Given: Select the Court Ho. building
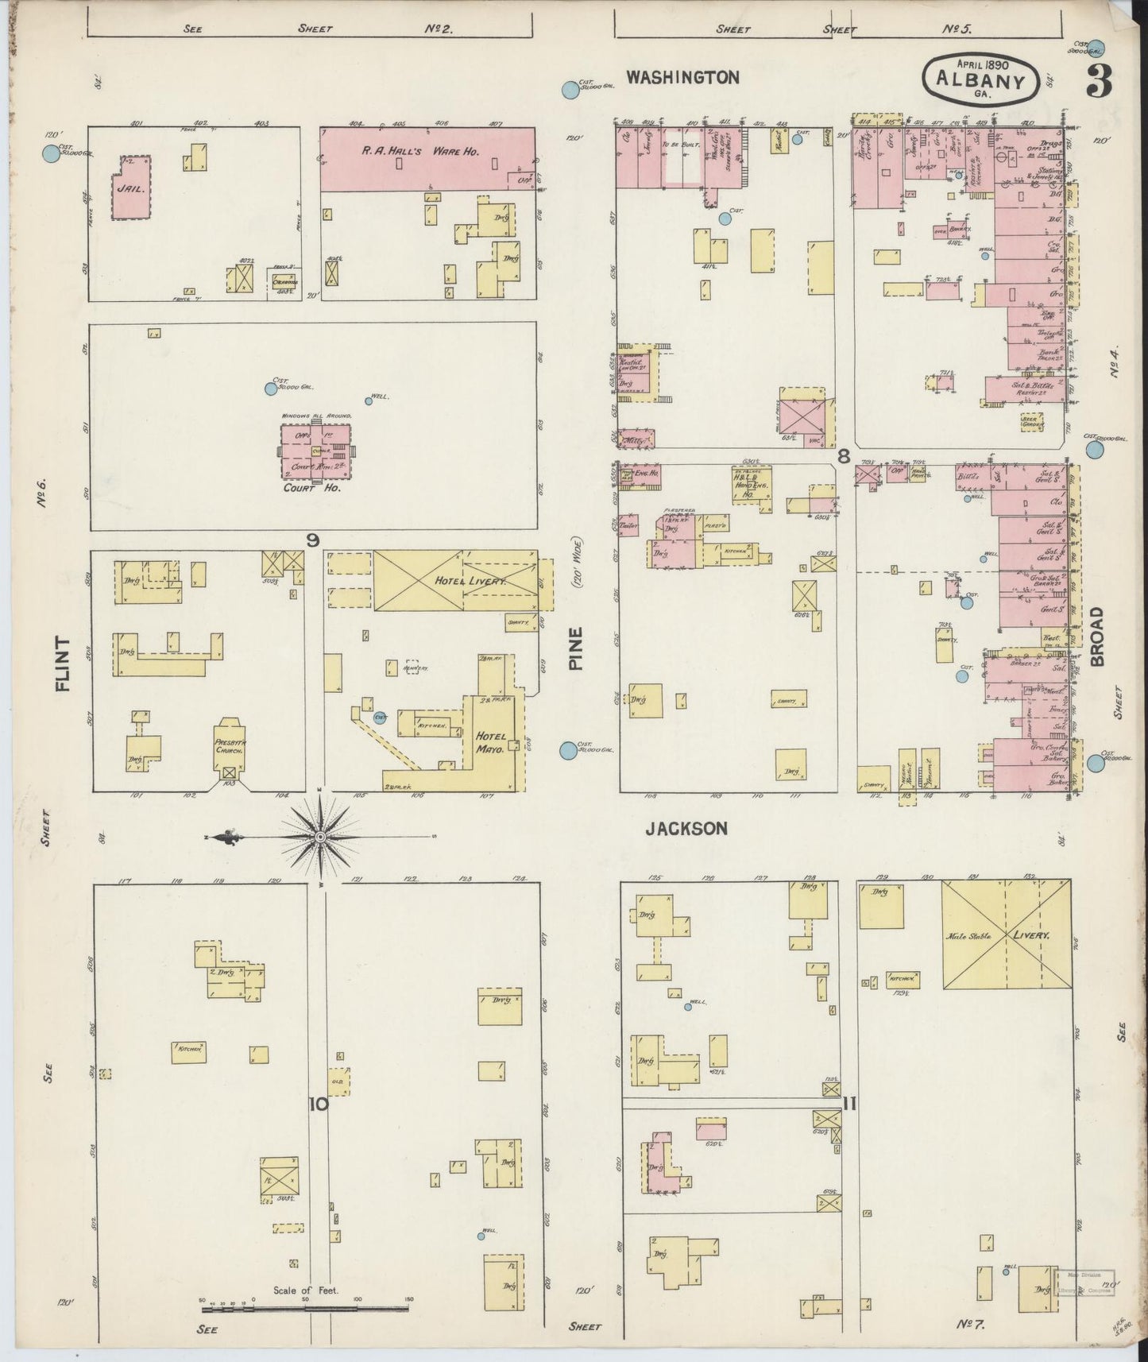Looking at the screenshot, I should click(x=315, y=451).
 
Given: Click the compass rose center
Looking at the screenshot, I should click(x=320, y=838).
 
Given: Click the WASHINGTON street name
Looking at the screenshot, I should click(x=682, y=77).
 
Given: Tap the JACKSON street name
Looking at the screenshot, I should click(x=686, y=829).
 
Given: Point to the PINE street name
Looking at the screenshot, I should click(x=576, y=648).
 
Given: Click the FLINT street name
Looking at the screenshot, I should click(x=64, y=664).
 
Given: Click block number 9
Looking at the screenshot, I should click(x=313, y=540).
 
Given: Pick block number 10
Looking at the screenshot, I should click(x=319, y=1104).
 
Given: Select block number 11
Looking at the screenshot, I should click(x=849, y=1104).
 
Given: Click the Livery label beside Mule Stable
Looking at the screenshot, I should click(x=1031, y=935).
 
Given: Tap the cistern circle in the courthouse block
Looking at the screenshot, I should click(x=271, y=389).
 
